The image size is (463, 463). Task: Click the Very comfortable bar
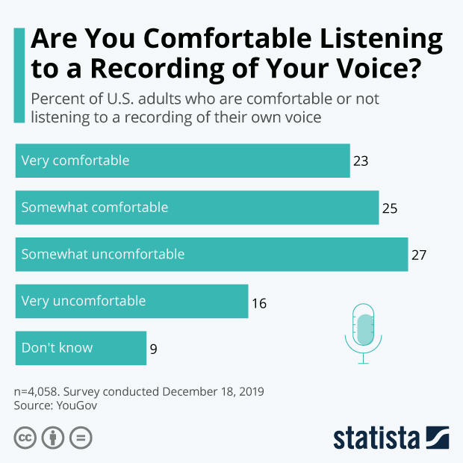(x=182, y=161)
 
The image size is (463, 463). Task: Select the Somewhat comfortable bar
(x=196, y=207)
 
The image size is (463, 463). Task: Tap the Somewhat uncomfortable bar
(x=211, y=254)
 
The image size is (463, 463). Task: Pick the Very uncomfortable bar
(x=131, y=301)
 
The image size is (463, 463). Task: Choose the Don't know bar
(x=81, y=348)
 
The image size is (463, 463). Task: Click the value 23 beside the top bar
(x=362, y=161)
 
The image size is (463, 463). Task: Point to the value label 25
(x=390, y=208)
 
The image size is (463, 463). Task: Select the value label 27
(x=419, y=255)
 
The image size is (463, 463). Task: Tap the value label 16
(x=259, y=303)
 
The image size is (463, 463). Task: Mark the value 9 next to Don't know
(x=153, y=348)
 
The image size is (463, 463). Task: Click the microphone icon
(x=364, y=332)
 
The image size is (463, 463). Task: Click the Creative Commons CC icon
(x=25, y=438)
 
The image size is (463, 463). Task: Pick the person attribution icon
(x=52, y=438)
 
